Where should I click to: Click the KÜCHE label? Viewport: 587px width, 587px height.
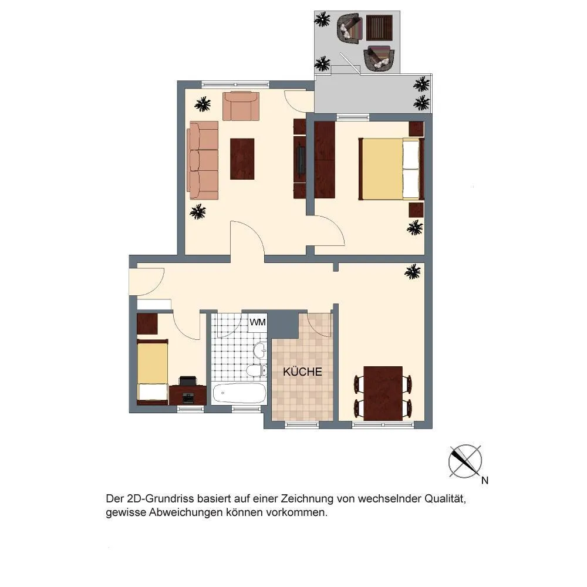click(302, 372)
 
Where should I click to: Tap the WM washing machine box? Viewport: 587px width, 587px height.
click(258, 322)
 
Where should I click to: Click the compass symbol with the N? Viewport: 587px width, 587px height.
click(465, 461)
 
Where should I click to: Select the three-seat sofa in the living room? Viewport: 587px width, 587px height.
click(203, 160)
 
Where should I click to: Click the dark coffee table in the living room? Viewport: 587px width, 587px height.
click(242, 158)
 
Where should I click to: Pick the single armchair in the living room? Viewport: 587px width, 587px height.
click(241, 106)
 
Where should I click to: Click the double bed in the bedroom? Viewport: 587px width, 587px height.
click(391, 169)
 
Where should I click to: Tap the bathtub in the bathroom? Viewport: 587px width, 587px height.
click(239, 393)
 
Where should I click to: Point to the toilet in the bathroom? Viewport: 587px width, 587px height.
click(257, 370)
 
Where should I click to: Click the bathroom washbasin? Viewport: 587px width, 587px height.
click(260, 351)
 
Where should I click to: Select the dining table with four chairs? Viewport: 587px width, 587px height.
click(383, 393)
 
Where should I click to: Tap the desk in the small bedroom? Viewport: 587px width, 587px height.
click(188, 395)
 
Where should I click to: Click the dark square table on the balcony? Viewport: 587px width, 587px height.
click(379, 28)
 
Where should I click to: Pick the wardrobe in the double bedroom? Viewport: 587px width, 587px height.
click(325, 160)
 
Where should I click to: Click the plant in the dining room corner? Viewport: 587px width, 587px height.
click(413, 272)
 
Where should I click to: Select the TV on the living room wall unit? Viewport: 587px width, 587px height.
click(301, 160)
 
